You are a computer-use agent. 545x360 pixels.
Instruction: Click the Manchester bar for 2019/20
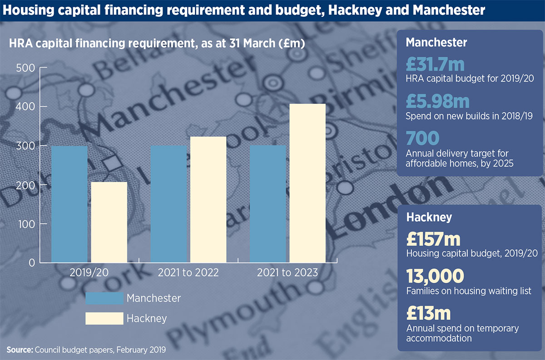click(x=69, y=204)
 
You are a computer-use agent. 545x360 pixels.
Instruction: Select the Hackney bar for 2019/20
click(x=109, y=222)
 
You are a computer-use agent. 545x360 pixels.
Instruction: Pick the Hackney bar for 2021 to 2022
click(x=208, y=199)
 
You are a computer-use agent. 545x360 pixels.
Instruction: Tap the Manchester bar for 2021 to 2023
click(x=268, y=204)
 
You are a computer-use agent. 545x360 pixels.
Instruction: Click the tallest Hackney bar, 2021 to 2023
click(x=308, y=183)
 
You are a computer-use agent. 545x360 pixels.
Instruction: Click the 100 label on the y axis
click(x=26, y=224)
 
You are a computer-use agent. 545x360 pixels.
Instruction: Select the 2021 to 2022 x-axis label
click(x=188, y=273)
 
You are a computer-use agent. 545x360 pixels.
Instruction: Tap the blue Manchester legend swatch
click(x=104, y=298)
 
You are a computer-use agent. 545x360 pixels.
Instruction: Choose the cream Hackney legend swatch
click(x=104, y=318)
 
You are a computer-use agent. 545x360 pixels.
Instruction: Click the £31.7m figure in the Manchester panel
click(x=435, y=64)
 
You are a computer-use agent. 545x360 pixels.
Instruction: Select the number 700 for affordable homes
click(x=422, y=138)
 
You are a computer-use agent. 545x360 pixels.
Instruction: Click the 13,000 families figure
click(x=435, y=276)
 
